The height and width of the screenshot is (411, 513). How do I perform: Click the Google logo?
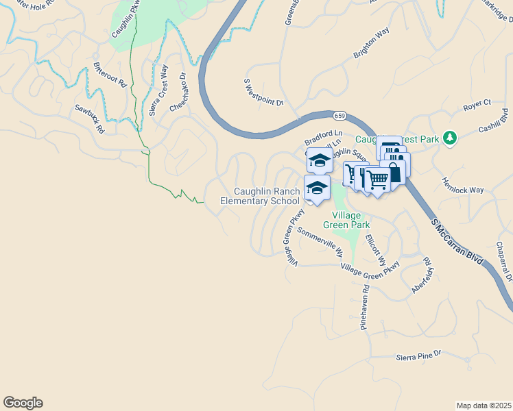pos(23,403)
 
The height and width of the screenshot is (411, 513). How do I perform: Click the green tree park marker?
pos(450,138)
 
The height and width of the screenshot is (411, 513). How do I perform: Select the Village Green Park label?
pos(346,219)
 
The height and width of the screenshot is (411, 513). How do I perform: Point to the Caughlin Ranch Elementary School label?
pos(260,196)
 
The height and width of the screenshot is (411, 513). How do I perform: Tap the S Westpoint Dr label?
pos(264,92)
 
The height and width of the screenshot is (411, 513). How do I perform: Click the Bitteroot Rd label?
pos(110,75)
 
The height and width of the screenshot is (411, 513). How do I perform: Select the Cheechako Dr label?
pos(178,93)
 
